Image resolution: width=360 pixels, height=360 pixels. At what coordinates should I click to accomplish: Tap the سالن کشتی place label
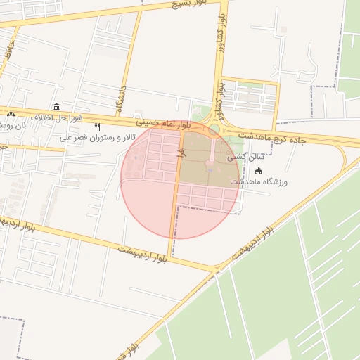(x=240, y=159)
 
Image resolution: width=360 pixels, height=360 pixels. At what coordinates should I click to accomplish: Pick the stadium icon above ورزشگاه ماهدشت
(x=257, y=171)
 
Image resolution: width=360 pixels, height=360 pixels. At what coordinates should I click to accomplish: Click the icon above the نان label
(x=11, y=114)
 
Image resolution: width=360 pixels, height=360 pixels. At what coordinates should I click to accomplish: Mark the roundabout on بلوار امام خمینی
(x=214, y=130)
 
